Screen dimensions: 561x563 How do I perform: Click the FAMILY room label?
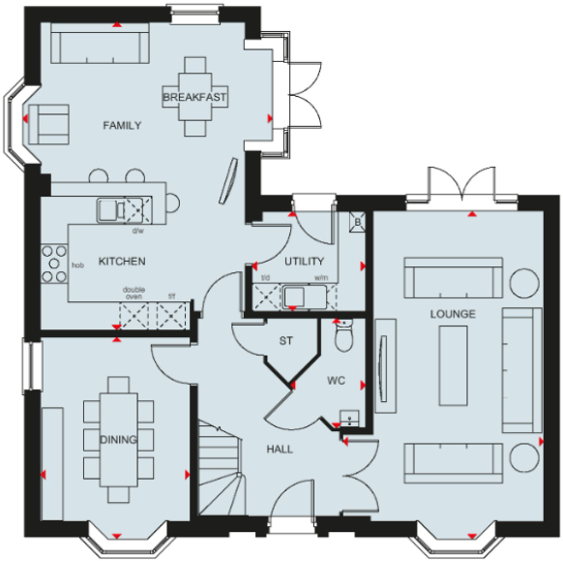pos(123,125)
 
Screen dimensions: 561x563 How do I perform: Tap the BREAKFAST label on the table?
pos(194,98)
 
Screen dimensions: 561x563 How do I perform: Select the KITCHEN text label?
pos(122,262)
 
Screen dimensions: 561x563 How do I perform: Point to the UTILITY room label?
pos(303,263)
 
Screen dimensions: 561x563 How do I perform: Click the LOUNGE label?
pos(454,315)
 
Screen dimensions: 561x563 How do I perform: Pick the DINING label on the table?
pos(118,440)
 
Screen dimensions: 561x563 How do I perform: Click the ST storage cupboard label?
pos(285,341)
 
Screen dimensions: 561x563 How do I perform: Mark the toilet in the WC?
pos(342,337)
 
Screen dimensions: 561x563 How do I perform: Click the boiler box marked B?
pos(357,222)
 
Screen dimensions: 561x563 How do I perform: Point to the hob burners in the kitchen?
pos(52,262)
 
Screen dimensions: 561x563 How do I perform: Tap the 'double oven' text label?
pos(133,294)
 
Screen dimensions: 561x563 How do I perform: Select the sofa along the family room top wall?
pos(99,44)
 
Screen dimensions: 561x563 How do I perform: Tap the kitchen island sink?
pos(108,207)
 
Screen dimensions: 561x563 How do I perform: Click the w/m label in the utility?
pos(321,279)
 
